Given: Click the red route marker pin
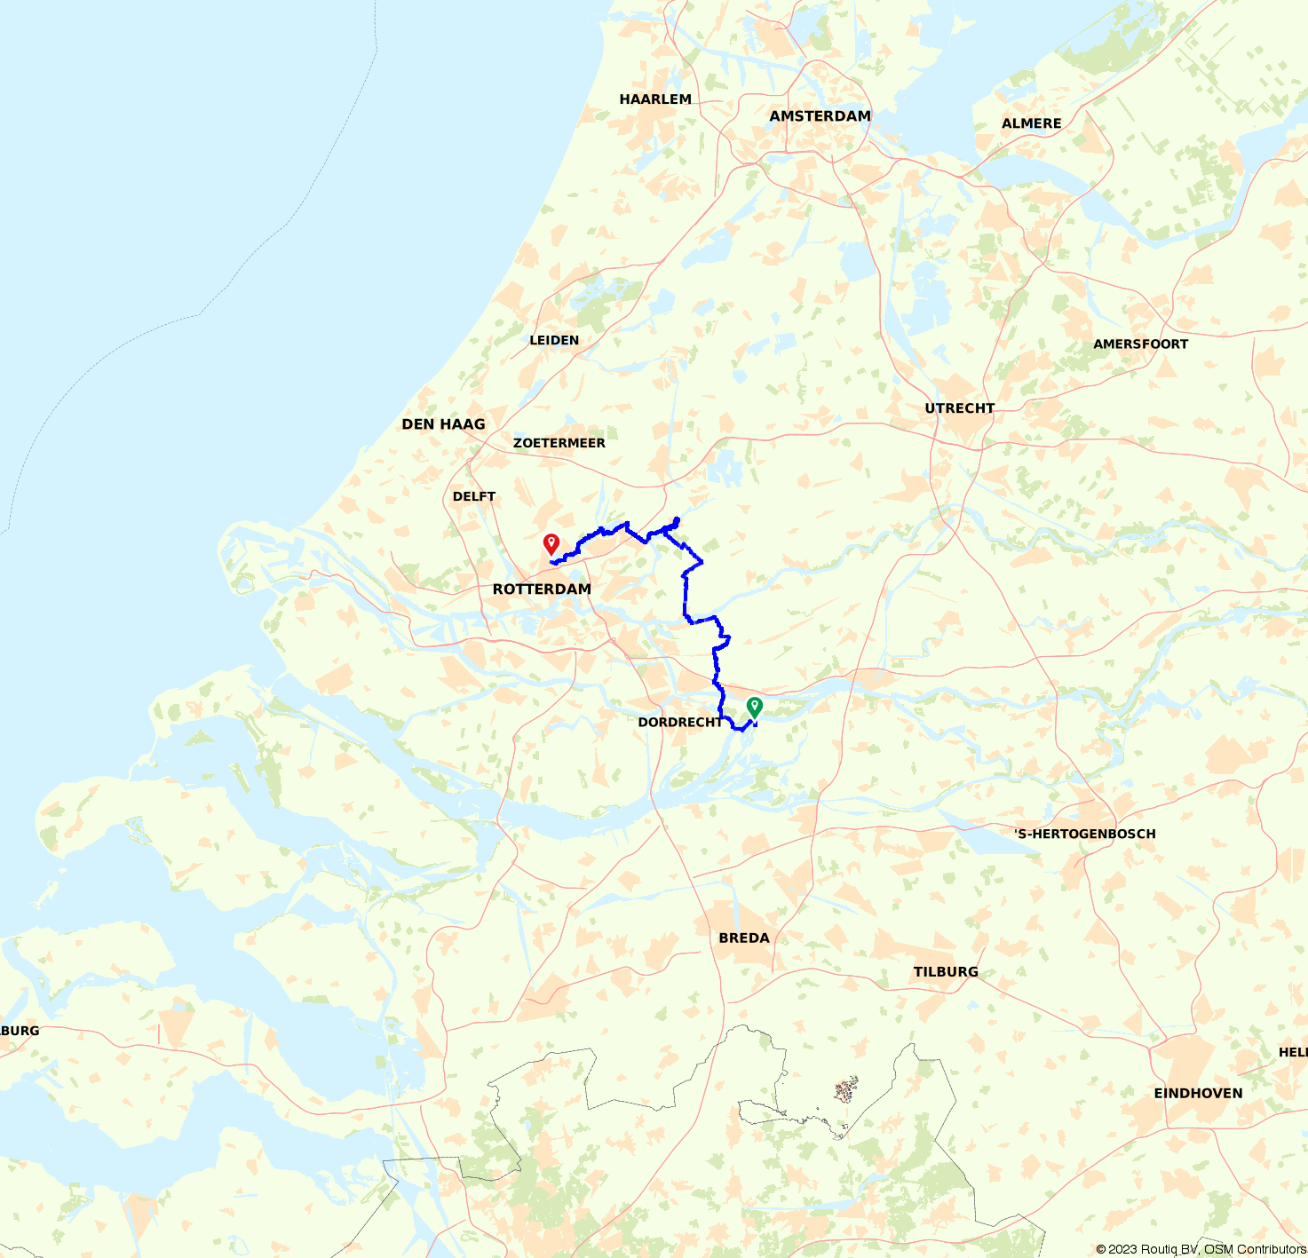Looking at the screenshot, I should point(551,543).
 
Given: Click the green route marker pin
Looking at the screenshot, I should point(755,707).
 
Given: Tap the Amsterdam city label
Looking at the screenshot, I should point(820,116).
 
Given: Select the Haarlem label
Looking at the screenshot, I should point(655,99).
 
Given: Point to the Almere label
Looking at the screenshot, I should point(1031,123).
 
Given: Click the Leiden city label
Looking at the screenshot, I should point(554,340).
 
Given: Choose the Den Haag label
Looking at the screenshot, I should point(443,424).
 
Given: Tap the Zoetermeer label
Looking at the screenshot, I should point(559,443).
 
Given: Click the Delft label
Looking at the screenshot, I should point(474,496).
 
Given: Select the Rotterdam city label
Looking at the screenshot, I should point(542,589).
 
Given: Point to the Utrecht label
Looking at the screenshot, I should point(960,408).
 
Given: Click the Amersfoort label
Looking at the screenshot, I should point(1140,344).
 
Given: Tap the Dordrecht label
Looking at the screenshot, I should point(680,723).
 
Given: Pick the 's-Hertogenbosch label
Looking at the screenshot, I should point(1085,834).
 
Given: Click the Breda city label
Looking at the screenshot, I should point(744,938).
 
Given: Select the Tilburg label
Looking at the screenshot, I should point(946,972).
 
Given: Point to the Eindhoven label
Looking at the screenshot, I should point(1198,1094).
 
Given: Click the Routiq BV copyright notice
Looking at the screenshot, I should point(1201,1249).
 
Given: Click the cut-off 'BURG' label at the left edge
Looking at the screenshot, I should point(20,1031).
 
